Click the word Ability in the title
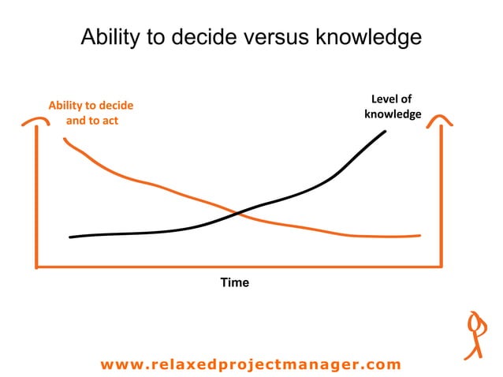point(107,37)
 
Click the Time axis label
point(234,282)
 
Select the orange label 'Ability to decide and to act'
point(91,113)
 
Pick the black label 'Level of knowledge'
point(392,106)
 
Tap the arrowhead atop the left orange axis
point(36,121)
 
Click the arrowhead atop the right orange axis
point(441,119)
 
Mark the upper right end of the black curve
point(385,130)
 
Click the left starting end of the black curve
point(71,237)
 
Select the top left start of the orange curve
point(65,140)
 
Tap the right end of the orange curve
point(419,235)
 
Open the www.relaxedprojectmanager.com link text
point(251,364)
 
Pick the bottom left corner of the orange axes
point(37,267)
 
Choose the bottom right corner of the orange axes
point(441,267)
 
